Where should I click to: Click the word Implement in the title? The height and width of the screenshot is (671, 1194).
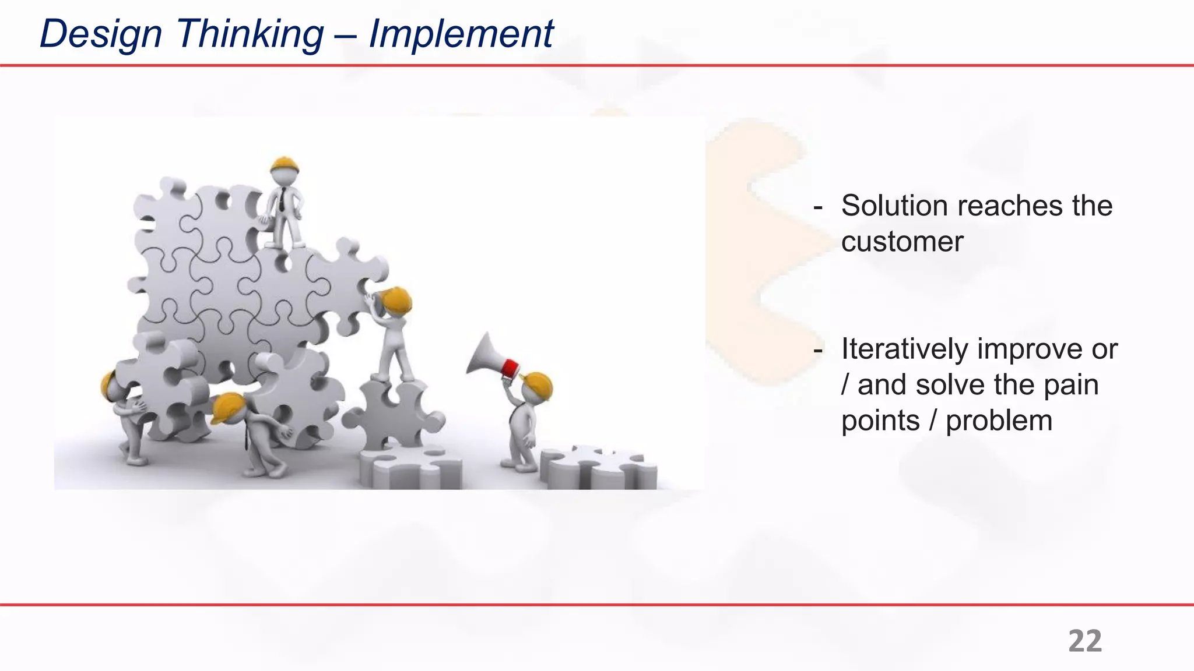(461, 34)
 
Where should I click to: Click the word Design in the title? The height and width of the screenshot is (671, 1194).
(100, 34)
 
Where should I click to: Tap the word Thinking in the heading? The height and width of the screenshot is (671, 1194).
(250, 34)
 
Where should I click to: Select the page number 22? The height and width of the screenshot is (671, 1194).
(1084, 641)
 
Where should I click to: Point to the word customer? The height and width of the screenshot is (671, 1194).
(902, 242)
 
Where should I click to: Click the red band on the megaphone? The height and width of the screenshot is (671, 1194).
(510, 369)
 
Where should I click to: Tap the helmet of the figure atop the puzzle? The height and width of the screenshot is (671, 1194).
(285, 164)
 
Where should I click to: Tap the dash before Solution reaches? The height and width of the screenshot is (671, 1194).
(818, 206)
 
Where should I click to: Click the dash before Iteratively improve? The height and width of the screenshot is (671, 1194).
(818, 349)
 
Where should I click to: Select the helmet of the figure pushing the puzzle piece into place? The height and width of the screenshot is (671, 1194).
(396, 299)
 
